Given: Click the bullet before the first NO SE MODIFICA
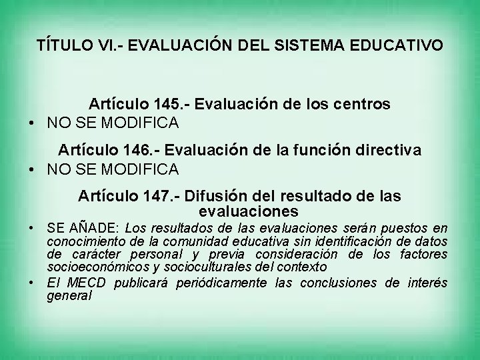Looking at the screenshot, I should [31, 123].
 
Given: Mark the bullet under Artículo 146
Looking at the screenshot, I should [31, 169].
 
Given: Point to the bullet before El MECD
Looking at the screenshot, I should [31, 282].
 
